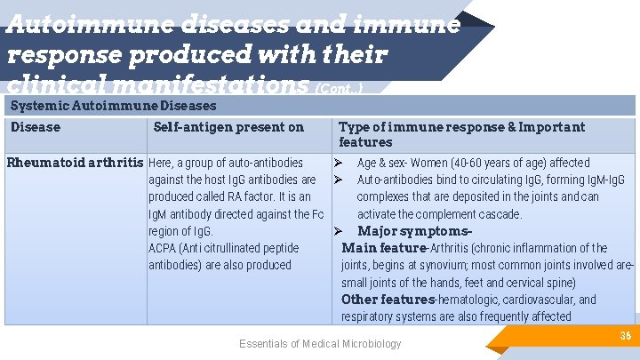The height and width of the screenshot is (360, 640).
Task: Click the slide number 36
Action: click(625, 335)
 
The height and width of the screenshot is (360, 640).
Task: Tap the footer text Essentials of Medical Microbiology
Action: click(320, 344)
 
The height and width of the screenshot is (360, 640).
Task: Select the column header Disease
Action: click(36, 127)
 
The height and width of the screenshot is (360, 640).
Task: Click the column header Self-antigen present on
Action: click(228, 127)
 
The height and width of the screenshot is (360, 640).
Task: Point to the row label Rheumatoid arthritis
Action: click(75, 163)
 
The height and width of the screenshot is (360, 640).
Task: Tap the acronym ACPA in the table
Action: click(164, 248)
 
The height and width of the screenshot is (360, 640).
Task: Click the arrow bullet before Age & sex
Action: click(339, 163)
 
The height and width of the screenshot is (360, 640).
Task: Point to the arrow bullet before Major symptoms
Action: click(339, 231)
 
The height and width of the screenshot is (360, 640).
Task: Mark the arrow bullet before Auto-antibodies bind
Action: click(339, 180)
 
